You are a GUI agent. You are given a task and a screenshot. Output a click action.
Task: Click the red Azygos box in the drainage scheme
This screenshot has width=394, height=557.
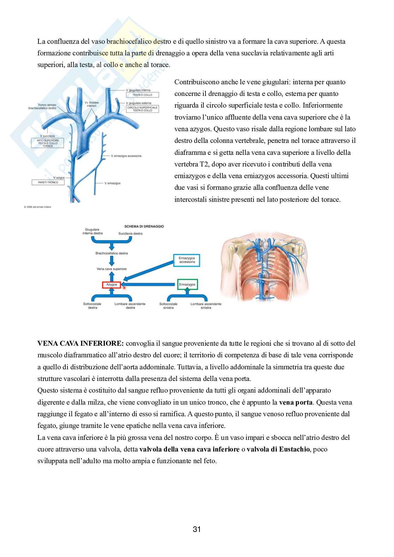112,284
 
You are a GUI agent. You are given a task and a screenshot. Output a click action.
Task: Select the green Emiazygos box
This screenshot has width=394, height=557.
187,284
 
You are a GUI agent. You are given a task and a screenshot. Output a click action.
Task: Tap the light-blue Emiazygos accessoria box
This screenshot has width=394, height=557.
187,261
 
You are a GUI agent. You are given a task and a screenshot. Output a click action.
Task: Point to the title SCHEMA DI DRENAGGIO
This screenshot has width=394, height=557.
144,226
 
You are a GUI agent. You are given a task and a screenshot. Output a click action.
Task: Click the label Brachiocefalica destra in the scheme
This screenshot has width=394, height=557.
111,253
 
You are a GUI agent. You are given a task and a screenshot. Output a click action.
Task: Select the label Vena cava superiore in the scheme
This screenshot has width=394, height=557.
111,269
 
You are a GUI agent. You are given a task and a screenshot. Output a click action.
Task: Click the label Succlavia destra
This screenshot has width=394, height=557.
130,234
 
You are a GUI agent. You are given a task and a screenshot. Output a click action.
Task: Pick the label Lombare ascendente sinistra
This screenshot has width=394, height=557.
206,306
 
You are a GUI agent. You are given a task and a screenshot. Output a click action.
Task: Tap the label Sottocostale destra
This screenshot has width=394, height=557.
92,306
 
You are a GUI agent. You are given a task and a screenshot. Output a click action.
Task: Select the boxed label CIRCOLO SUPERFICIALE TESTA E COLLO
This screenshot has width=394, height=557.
142,109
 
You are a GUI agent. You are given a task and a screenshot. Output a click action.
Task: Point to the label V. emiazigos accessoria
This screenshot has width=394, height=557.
126,156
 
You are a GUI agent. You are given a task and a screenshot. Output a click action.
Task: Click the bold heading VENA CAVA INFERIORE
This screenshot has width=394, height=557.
80,343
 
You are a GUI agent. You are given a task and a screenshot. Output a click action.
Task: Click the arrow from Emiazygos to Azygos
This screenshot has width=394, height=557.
150,284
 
